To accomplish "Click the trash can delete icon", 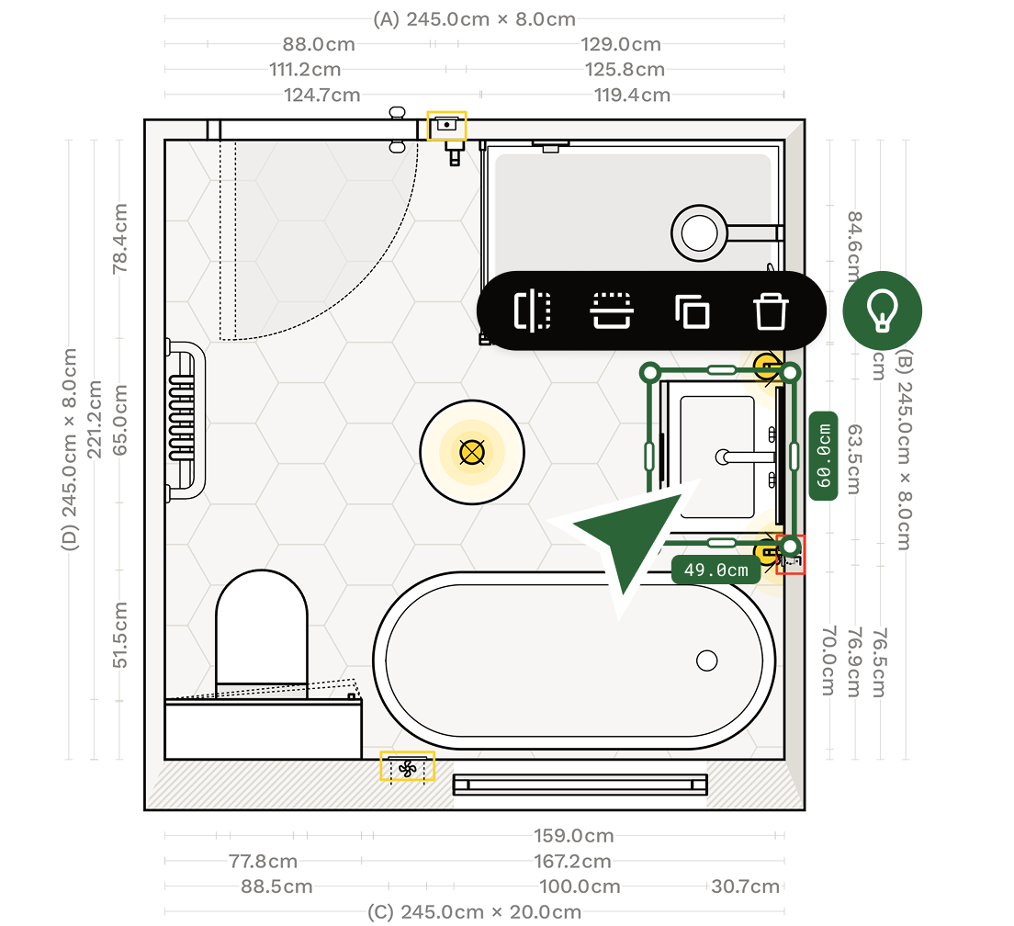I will click(771, 311).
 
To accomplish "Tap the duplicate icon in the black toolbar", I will click(693, 311).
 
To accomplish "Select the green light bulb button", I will click(882, 311).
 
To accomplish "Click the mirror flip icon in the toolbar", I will click(532, 311).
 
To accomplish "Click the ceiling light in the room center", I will click(471, 452).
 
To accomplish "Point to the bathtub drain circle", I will click(706, 660).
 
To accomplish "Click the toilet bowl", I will click(262, 625).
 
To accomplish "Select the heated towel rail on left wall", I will click(184, 419).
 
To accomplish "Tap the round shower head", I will click(698, 231).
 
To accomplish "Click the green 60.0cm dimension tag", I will click(824, 455).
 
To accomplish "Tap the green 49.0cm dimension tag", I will click(716, 570).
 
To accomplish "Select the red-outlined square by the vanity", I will click(791, 555).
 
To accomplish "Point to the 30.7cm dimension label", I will click(745, 886).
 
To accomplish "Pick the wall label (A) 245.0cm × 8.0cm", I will click(474, 19).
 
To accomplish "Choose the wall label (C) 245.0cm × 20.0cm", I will click(474, 911).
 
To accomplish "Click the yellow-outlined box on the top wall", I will click(447, 125).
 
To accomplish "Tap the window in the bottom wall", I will click(580, 784).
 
